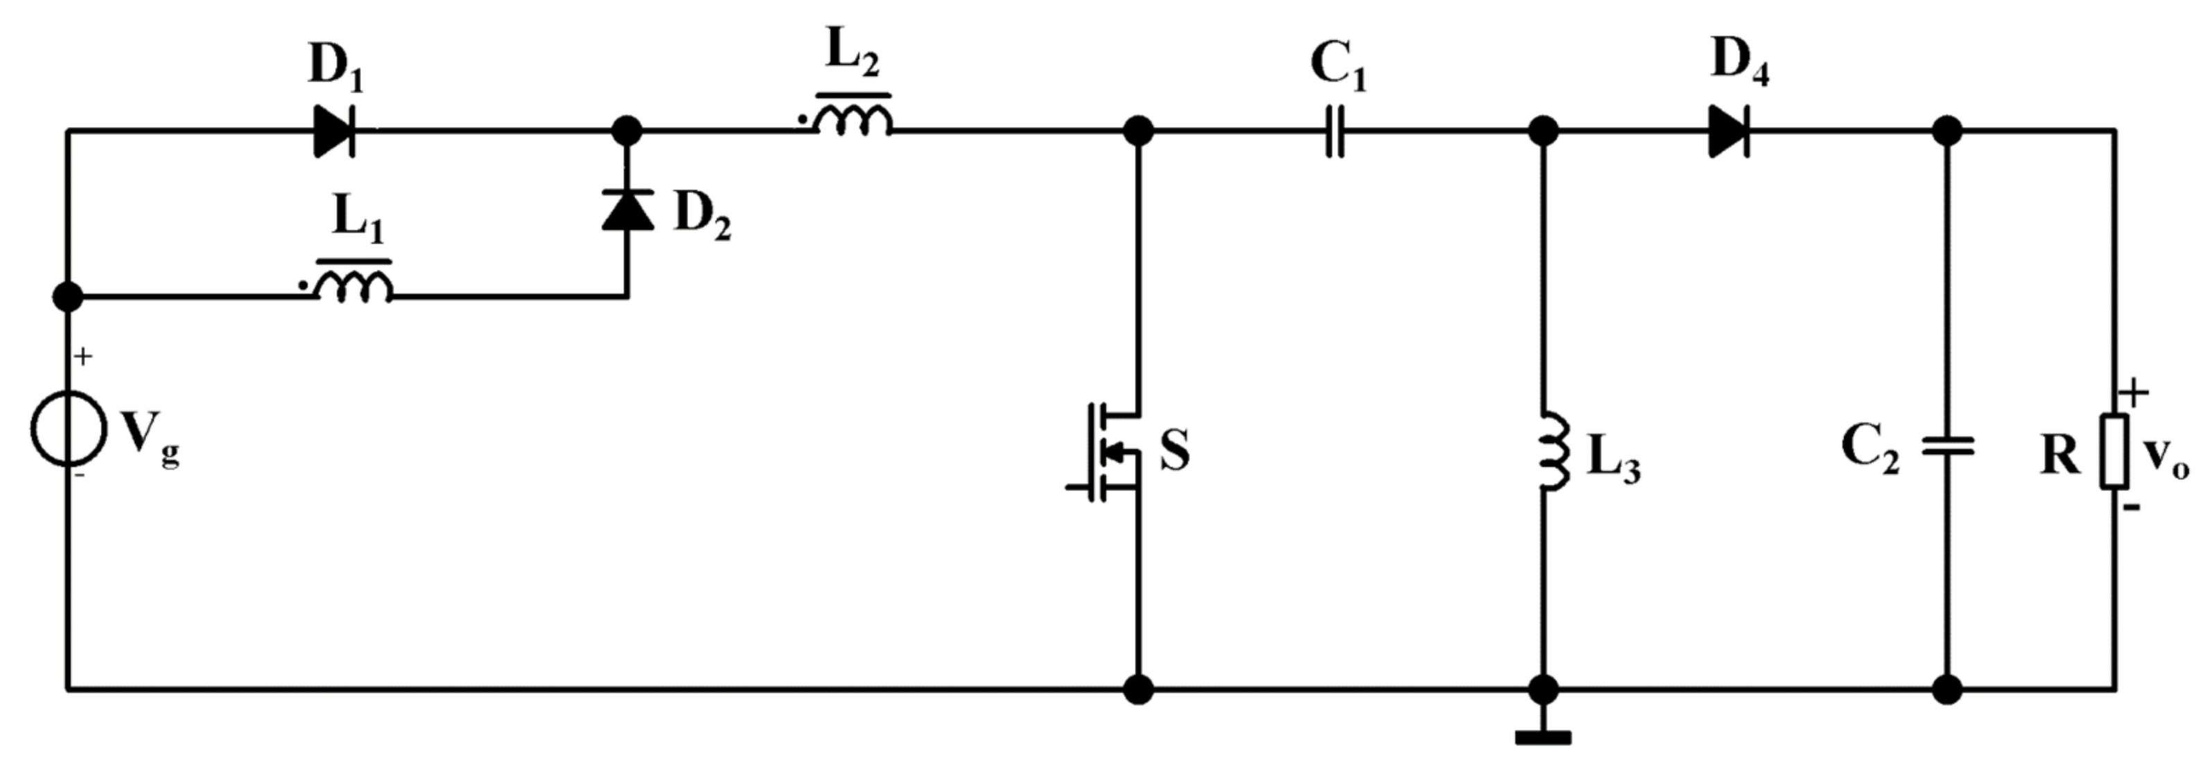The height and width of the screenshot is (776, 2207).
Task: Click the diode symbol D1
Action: pos(334,132)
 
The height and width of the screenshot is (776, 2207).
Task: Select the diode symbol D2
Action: pos(628,211)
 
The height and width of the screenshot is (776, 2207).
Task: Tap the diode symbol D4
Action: pos(1729,132)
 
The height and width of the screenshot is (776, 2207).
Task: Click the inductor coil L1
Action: pos(354,286)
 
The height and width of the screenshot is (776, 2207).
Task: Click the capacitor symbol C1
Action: pos(1334,132)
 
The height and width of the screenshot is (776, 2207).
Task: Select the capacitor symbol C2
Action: pos(1947,446)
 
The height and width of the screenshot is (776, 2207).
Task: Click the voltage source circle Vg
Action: pos(69,429)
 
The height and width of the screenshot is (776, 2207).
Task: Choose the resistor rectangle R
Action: pos(2113,451)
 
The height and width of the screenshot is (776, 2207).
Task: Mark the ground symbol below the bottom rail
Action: pos(1543,737)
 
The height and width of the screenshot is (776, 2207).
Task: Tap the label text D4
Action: pos(1739,62)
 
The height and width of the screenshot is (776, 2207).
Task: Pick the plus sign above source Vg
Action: pos(83,356)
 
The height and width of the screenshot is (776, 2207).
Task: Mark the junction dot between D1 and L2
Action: pos(627,132)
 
